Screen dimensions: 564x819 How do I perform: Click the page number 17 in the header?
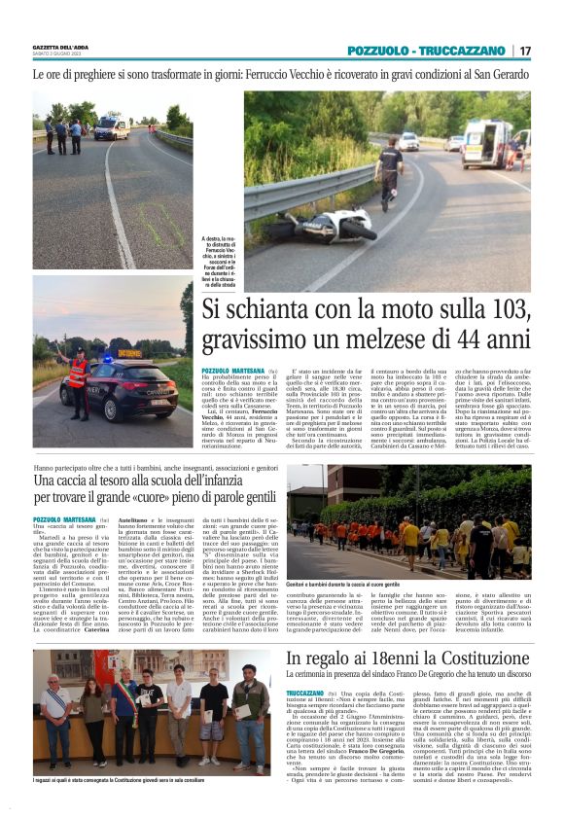click(525, 51)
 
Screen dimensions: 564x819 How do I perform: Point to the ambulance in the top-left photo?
click(111, 127)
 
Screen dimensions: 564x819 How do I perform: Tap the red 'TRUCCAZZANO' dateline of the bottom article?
click(306, 692)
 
